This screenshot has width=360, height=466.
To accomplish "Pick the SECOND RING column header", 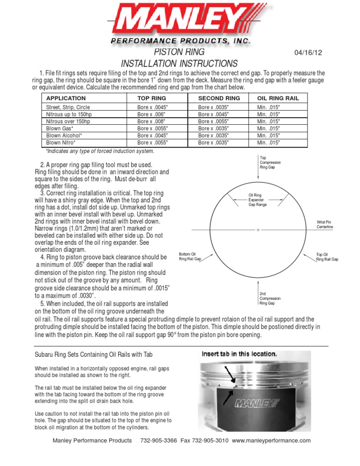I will coord(219,98).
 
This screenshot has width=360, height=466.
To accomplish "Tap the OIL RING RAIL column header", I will coord(277,98).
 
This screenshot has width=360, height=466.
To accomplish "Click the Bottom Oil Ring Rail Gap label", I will coord(190,256).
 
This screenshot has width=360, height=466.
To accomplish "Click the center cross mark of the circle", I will coord(258,230).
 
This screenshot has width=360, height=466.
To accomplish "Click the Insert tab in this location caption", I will coord(239,354).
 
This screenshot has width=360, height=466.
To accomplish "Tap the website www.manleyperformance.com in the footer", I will coord(271,441).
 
